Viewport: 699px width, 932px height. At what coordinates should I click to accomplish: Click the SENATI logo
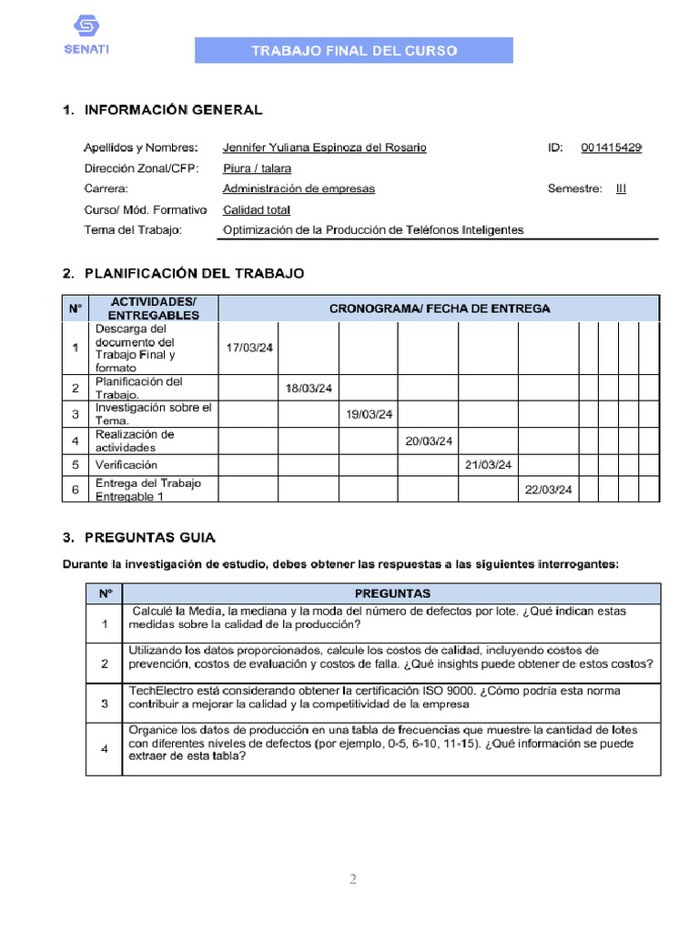86,35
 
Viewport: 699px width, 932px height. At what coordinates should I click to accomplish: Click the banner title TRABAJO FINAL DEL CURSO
354,51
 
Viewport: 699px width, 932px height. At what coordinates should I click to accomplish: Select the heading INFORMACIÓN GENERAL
173,110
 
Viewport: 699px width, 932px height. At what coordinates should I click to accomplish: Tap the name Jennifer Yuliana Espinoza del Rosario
324,147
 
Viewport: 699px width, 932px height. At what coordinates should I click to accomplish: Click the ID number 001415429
611,147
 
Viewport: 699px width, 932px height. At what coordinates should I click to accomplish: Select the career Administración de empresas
299,189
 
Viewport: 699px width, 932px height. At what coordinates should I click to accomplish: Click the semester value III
621,189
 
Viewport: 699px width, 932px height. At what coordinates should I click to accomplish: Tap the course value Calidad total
257,210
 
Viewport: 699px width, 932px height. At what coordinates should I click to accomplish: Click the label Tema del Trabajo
133,230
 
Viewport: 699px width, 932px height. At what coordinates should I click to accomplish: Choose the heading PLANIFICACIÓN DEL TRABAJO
194,273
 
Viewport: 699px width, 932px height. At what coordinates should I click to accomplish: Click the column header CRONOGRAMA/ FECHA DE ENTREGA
439,309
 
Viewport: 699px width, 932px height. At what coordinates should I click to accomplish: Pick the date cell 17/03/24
249,348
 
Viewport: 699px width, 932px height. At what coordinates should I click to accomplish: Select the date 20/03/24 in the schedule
429,441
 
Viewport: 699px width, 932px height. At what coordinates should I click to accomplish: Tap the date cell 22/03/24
548,490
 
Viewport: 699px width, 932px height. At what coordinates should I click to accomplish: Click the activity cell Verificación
127,465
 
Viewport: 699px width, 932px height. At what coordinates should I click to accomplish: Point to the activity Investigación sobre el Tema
153,414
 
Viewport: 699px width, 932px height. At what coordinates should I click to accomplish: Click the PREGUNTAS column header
392,593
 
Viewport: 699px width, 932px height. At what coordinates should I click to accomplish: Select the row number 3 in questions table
105,704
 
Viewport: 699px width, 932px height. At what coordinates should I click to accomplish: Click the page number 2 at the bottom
353,879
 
